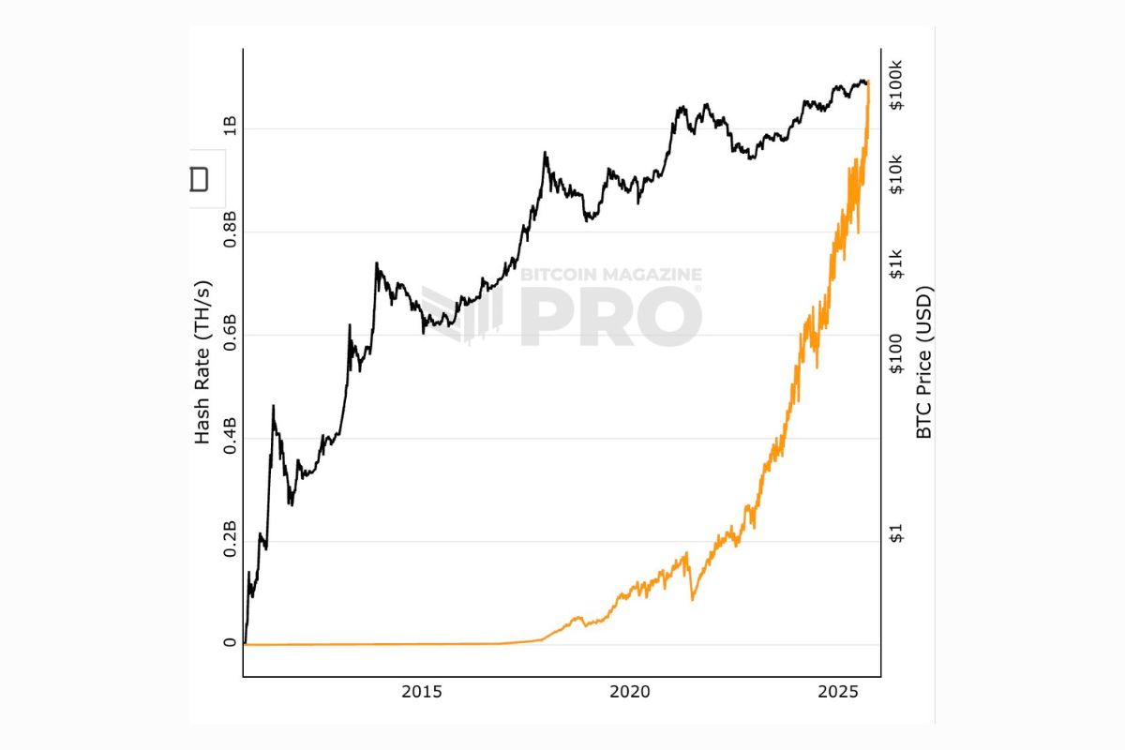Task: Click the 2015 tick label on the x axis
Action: click(422, 693)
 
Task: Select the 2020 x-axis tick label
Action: click(630, 693)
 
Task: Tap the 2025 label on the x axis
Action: click(838, 693)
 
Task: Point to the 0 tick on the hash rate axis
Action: click(230, 644)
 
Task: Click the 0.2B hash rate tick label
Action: click(230, 541)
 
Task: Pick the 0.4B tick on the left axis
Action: click(230, 438)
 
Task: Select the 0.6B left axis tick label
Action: click(230, 335)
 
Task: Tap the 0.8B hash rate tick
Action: click(230, 232)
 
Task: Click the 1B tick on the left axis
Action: click(230, 128)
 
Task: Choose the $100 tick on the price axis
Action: click(896, 353)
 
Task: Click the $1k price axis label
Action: click(896, 263)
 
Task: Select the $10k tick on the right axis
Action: click(896, 173)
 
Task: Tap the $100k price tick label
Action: click(896, 85)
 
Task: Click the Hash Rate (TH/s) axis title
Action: click(202, 363)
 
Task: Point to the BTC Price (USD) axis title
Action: click(924, 363)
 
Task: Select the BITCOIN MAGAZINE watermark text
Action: click(610, 275)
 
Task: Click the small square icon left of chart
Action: click(199, 179)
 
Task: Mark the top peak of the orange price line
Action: click(869, 82)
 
